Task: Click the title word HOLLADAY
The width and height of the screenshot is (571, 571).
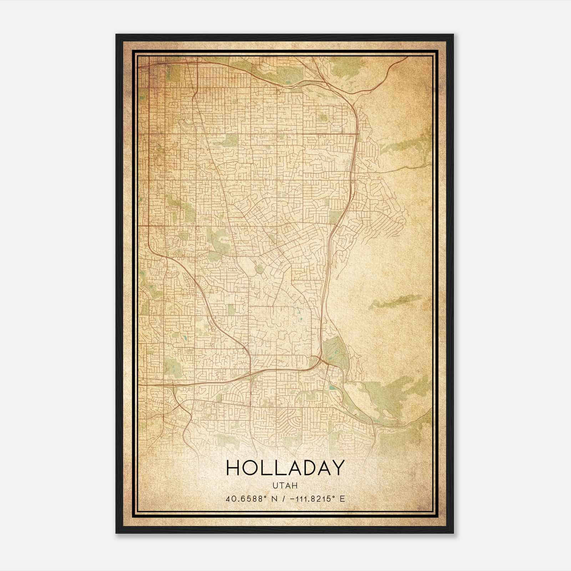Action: coord(285,468)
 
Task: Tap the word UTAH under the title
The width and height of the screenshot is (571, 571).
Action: coord(285,486)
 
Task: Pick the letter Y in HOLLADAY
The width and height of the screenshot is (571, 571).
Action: coord(338,468)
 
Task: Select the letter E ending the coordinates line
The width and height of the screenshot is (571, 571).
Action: coord(343,499)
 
